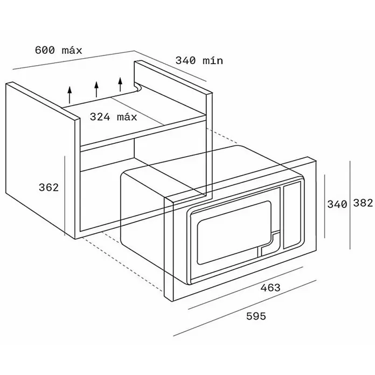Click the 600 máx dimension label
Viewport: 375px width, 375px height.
click(x=58, y=50)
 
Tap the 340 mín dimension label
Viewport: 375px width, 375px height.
click(x=199, y=60)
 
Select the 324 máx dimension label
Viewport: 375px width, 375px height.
click(x=113, y=117)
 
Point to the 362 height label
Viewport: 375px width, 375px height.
click(x=48, y=188)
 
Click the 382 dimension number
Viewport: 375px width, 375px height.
click(x=363, y=203)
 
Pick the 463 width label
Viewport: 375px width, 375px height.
click(x=270, y=288)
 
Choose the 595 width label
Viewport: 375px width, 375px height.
click(x=256, y=316)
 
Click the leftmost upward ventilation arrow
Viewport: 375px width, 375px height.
click(x=70, y=95)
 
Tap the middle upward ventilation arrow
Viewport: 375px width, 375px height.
click(x=96, y=89)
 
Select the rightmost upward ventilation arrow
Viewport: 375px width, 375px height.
click(x=120, y=84)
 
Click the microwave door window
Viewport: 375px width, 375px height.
click(x=234, y=232)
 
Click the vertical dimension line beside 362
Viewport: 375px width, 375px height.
click(x=65, y=196)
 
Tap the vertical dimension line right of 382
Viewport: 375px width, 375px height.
click(x=350, y=205)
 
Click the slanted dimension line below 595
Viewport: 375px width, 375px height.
click(x=245, y=308)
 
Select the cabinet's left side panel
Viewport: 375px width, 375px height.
click(x=40, y=160)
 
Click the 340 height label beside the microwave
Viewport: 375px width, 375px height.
click(x=337, y=204)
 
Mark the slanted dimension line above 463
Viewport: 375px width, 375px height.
click(x=246, y=288)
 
